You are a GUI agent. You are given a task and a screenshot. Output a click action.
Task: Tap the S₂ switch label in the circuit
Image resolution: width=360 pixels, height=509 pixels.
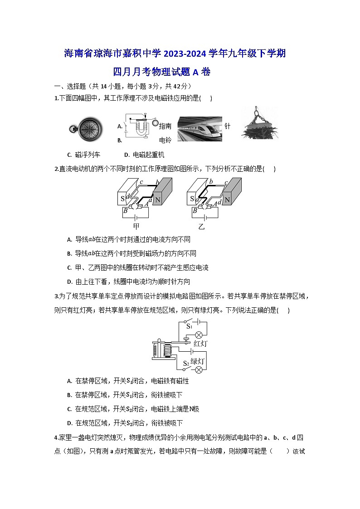coord(185,363)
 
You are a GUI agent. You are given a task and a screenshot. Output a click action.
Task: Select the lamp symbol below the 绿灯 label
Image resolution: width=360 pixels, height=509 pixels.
coord(198,369)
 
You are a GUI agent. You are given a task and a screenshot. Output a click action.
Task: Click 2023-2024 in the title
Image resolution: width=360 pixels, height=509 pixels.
coord(178,54)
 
